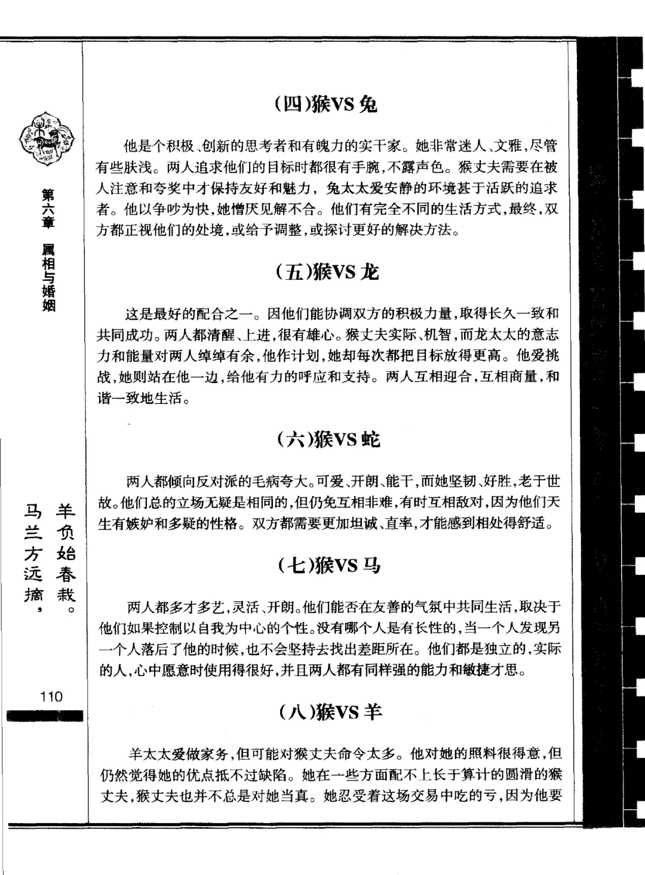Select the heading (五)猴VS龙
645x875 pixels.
[x=328, y=273]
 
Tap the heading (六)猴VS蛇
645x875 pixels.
[x=328, y=440]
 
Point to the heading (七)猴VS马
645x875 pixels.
[x=328, y=565]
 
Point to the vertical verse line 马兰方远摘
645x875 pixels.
[x=33, y=553]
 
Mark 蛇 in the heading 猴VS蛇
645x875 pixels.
[x=370, y=440]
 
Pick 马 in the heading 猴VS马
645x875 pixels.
[x=371, y=565]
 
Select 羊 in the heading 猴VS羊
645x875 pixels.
[x=372, y=711]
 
